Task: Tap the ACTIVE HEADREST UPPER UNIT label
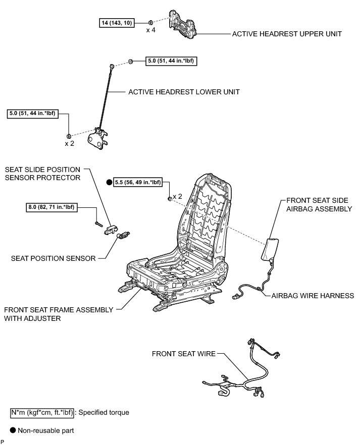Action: coord(287,34)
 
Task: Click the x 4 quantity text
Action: coord(151,31)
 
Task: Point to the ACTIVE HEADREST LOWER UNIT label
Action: coord(184,92)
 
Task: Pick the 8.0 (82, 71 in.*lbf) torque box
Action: coord(53,206)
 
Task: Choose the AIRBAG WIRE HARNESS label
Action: coord(313,296)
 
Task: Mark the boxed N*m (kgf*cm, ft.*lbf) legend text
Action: coord(41,412)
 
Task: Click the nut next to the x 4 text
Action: coord(151,22)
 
